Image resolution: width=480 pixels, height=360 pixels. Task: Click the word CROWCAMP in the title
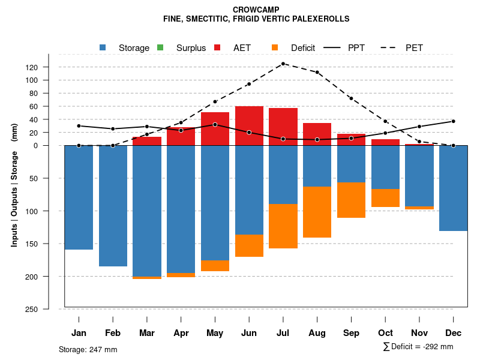[x=256, y=10]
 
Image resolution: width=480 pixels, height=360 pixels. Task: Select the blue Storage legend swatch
[x=103, y=47]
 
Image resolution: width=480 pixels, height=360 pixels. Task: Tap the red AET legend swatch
[x=217, y=47]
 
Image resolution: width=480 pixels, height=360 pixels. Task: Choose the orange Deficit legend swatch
[x=275, y=47]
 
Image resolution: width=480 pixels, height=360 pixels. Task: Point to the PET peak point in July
[x=283, y=64]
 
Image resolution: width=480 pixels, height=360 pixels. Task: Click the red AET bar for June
[x=249, y=125]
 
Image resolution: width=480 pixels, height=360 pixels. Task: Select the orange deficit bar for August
[x=317, y=212]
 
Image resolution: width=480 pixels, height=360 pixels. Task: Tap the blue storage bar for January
[x=79, y=197]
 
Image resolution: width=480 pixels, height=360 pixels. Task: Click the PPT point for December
[x=453, y=121]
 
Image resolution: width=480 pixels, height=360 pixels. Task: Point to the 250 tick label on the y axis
[x=49, y=309]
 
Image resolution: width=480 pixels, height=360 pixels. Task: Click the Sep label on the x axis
[x=351, y=333]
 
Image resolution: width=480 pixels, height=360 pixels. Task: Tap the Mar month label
[x=147, y=333]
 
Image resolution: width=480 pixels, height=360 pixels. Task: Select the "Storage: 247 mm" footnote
[x=88, y=349]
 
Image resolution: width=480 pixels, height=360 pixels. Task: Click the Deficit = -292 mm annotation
[x=418, y=346]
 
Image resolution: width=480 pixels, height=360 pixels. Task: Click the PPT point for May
[x=215, y=125]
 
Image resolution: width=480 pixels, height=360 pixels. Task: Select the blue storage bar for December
[x=453, y=188]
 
